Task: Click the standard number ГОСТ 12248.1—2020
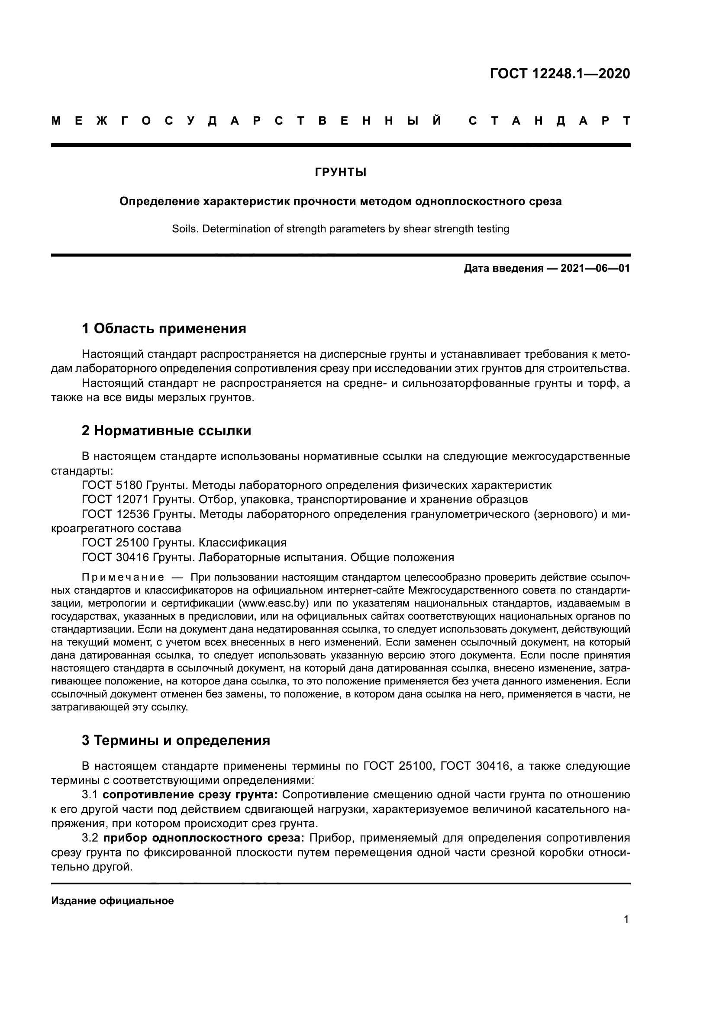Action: tap(559, 74)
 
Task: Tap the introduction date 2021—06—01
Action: tap(595, 268)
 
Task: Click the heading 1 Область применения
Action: tap(164, 328)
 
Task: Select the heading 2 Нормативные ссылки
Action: tap(166, 431)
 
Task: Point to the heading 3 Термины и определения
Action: tap(175, 740)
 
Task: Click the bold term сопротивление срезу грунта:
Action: tap(190, 795)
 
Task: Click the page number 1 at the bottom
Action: tap(626, 919)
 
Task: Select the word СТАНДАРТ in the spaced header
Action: tap(549, 121)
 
